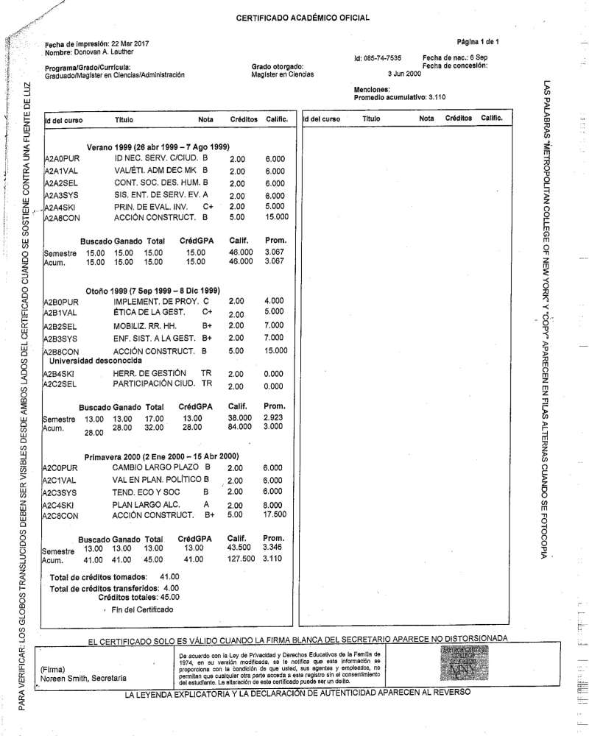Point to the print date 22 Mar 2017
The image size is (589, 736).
coord(130,44)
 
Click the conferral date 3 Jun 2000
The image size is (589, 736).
coord(404,74)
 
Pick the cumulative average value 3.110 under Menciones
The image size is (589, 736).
coord(437,96)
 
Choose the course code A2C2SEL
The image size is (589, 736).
coord(60,385)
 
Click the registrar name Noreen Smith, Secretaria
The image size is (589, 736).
coord(83,678)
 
